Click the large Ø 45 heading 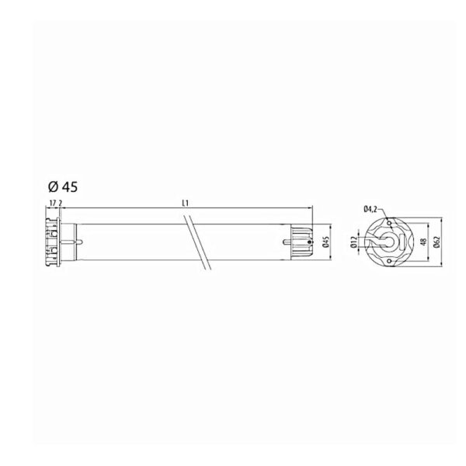point(63,187)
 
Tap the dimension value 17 point(53,203)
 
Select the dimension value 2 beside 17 point(61,203)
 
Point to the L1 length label point(185,203)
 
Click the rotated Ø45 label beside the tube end point(326,242)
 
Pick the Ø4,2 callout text point(370,209)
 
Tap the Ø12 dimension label point(353,242)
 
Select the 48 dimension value point(424,242)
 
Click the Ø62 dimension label point(436,242)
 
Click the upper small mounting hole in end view point(389,223)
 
